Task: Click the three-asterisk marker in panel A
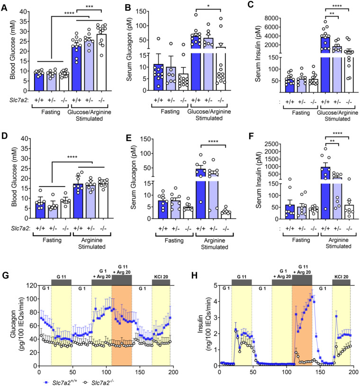pos(99,7)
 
